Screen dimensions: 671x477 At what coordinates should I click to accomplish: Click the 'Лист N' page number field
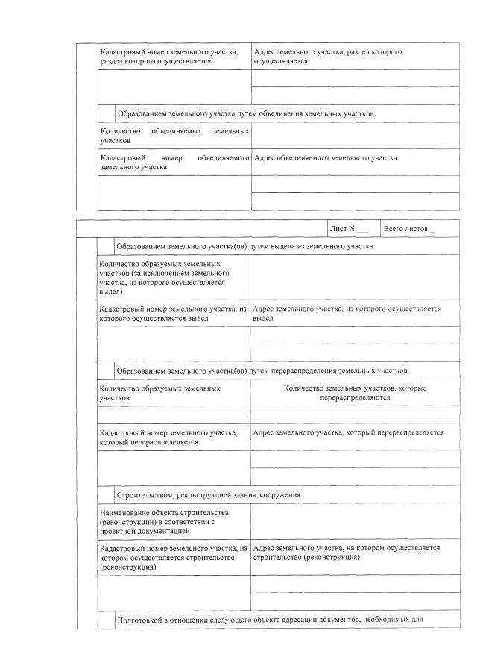pos(362,228)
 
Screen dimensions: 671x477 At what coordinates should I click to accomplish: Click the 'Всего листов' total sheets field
pos(436,228)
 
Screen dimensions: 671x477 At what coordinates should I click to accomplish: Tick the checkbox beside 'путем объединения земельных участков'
pos(106,113)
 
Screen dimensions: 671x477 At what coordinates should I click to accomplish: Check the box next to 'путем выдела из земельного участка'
pos(106,246)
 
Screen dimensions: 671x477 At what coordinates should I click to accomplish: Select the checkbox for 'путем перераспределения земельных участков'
pos(106,370)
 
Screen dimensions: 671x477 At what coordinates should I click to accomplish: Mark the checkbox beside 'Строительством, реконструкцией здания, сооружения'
pos(106,495)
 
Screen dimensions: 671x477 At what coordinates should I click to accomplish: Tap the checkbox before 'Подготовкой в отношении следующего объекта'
pos(106,620)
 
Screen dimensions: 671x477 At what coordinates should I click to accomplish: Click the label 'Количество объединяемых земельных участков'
pos(174,136)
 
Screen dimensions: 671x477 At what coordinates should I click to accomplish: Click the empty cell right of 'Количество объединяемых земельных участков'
pos(354,136)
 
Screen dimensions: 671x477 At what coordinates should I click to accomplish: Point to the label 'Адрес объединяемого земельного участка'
pos(326,158)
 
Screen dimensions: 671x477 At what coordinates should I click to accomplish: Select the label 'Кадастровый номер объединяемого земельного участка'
pos(174,163)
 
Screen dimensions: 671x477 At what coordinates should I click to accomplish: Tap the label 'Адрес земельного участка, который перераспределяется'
pos(349,432)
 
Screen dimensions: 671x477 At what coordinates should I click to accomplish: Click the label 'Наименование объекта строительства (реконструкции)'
pos(168,522)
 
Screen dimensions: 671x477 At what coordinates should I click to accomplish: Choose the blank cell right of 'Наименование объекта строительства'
pos(354,522)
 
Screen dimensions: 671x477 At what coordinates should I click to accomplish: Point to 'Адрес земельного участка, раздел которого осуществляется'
pos(328,57)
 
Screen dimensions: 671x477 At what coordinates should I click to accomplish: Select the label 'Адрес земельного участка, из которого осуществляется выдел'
pos(347,313)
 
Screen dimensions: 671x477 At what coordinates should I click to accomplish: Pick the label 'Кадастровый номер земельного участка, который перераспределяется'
pos(168,437)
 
